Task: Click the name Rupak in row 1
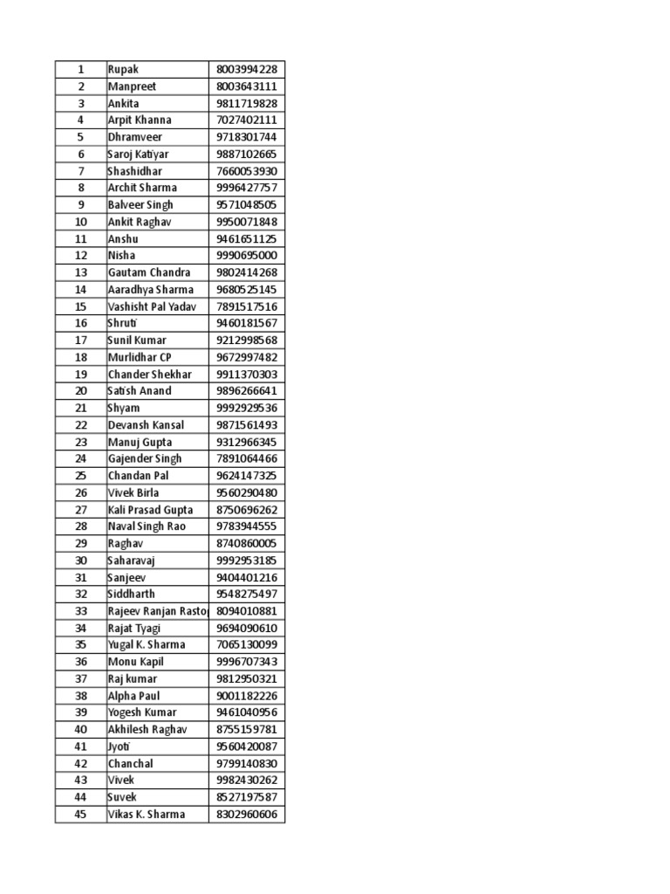[x=123, y=69]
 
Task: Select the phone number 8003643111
[x=246, y=86]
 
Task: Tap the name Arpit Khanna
[x=140, y=120]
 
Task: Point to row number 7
[x=80, y=171]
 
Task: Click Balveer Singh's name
[x=140, y=204]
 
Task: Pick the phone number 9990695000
[x=246, y=256]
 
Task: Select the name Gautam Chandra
[x=148, y=272]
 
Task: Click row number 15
[x=80, y=306]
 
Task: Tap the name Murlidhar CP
[x=140, y=357]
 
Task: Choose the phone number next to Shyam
[x=246, y=408]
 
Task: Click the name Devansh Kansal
[x=146, y=425]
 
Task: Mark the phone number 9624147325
[x=246, y=476]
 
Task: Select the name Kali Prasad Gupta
[x=150, y=510]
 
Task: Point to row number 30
[x=80, y=560]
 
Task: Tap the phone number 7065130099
[x=246, y=645]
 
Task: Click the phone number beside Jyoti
[x=246, y=746]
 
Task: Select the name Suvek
[x=122, y=797]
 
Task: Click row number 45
[x=80, y=815]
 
